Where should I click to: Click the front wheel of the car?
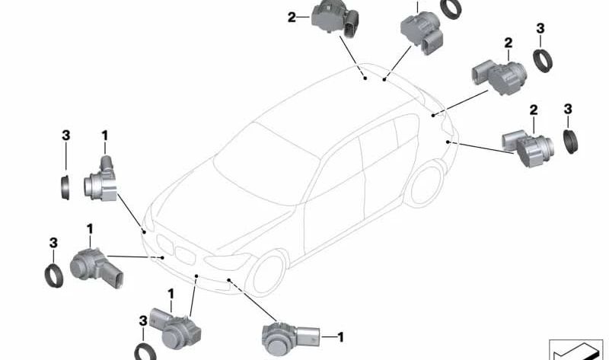coord(268,274)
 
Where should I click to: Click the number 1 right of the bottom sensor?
coord(341,336)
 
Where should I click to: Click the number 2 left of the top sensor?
coord(292,17)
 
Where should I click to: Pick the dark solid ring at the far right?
coord(572,141)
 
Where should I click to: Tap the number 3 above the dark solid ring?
coord(568,110)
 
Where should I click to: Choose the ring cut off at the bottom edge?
coord(145,352)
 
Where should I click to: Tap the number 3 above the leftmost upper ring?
coord(65,135)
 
